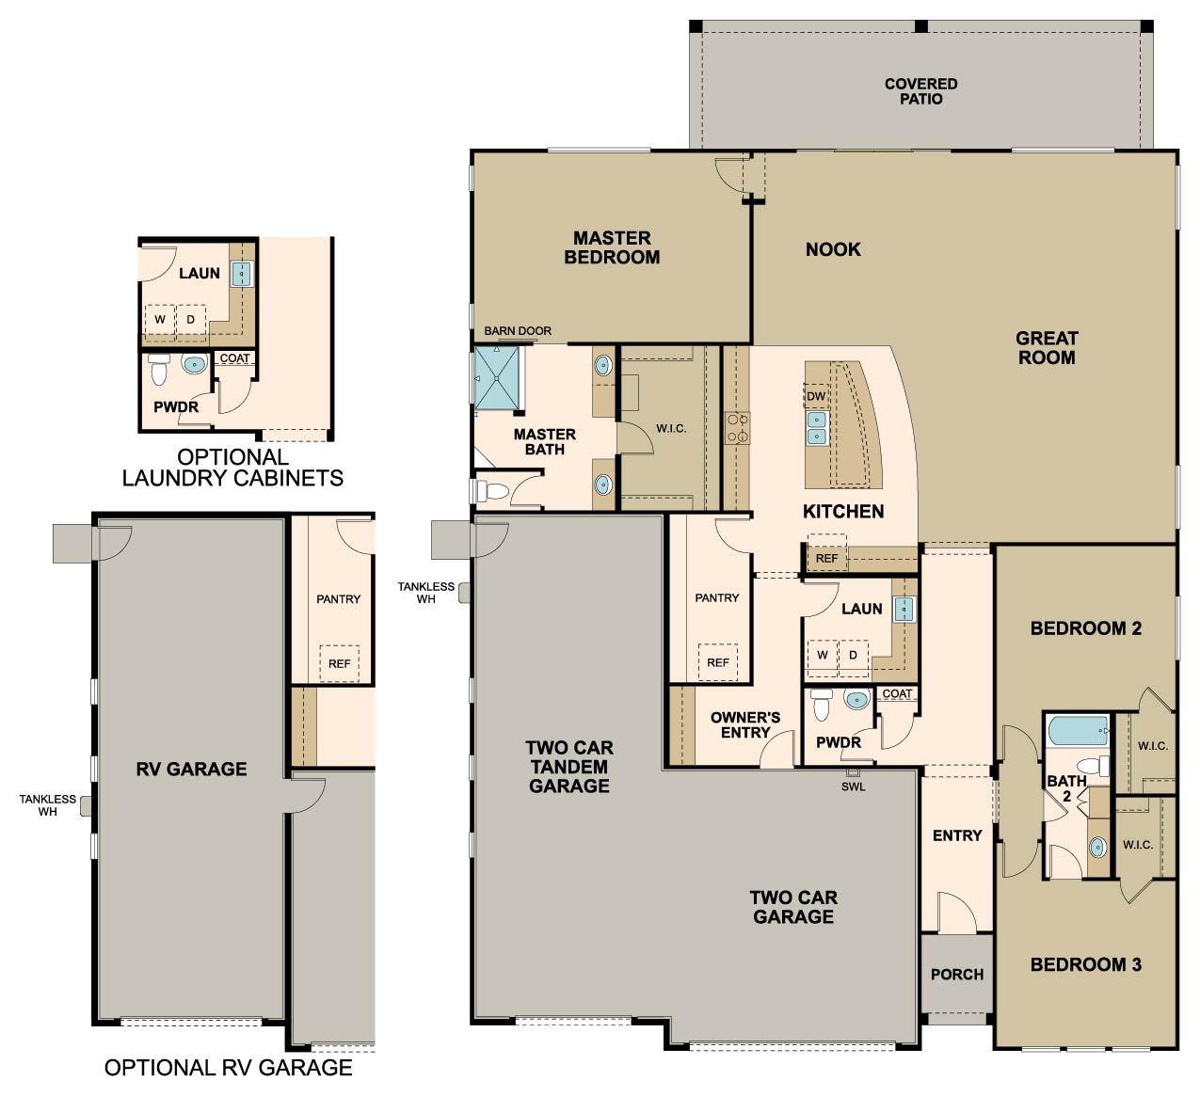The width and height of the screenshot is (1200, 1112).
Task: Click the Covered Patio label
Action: [920, 91]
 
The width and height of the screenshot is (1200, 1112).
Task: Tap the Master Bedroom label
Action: [612, 247]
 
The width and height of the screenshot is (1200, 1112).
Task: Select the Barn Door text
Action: [518, 331]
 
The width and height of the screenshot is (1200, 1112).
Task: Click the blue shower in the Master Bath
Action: [497, 377]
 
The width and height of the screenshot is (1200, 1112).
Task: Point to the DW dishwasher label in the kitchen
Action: [815, 396]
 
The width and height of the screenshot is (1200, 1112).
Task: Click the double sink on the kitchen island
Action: [816, 427]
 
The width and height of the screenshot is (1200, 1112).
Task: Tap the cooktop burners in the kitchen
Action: [737, 428]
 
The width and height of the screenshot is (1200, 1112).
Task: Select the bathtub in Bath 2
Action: [1079, 731]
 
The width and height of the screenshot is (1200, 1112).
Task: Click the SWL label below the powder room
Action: [853, 786]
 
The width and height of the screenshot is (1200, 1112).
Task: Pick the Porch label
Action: [956, 975]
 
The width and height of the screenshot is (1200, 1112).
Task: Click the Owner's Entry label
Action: [745, 724]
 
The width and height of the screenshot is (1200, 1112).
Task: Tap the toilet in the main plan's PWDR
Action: [821, 705]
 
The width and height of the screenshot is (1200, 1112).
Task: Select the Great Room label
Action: [1047, 347]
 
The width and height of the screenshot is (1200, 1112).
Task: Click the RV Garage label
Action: [192, 769]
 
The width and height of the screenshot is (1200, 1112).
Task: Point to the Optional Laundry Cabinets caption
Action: [232, 468]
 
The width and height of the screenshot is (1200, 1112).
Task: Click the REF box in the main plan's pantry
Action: [718, 662]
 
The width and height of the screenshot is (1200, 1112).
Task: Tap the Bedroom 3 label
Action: [1085, 964]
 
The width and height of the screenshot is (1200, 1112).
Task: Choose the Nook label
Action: [833, 249]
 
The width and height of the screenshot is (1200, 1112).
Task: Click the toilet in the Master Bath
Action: [492, 491]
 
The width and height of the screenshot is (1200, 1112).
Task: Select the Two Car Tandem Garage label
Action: [569, 767]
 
